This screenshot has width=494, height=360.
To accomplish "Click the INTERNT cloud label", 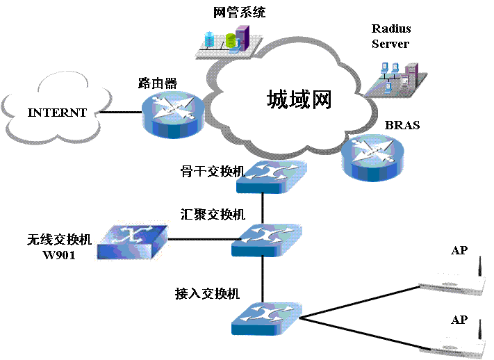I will (57, 113).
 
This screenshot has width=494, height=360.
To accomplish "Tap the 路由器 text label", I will (158, 84).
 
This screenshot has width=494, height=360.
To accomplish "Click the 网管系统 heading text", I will (240, 12).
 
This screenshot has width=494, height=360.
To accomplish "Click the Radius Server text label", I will (391, 36).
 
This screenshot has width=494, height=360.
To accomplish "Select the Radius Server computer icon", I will (396, 77).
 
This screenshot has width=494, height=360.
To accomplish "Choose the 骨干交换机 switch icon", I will (270, 178).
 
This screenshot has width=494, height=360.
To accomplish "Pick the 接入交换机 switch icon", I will (267, 316).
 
